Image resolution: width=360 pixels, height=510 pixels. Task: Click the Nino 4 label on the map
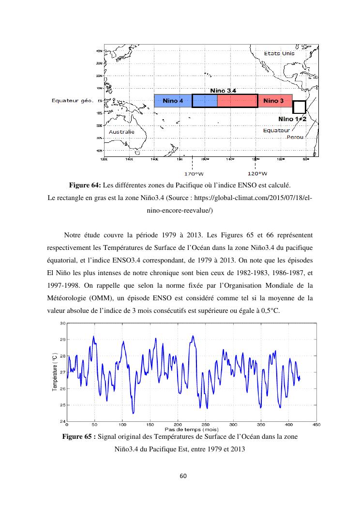click(173, 101)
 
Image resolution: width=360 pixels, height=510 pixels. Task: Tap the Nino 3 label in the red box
click(274, 101)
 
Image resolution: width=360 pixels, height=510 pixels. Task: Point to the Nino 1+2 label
click(292, 119)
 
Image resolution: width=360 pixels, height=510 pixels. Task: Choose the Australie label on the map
click(121, 132)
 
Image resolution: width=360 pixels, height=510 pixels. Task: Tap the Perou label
click(295, 138)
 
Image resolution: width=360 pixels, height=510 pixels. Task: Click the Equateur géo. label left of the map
click(73, 101)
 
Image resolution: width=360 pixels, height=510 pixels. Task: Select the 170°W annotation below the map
click(193, 173)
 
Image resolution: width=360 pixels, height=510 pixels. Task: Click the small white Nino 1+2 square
click(300, 107)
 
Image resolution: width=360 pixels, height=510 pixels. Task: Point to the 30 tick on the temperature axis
click(62, 323)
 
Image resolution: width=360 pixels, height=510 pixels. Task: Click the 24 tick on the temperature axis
click(62, 421)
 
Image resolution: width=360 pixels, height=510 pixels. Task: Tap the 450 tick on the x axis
click(316, 425)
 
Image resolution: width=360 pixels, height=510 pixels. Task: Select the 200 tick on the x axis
click(178, 425)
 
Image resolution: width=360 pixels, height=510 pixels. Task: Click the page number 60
click(182, 476)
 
